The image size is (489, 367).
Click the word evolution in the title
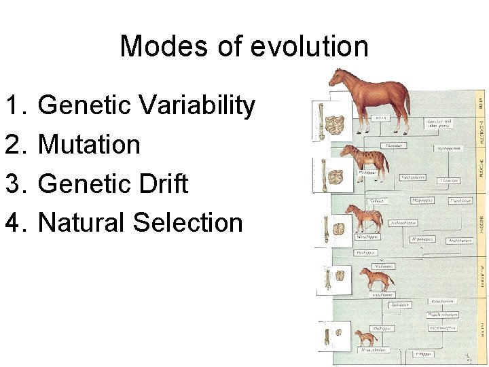309,47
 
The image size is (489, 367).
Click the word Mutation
89,145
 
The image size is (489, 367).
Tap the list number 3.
14,184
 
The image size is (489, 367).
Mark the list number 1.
14,105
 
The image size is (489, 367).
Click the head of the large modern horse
337,77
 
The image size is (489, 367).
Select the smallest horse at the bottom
365,337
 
